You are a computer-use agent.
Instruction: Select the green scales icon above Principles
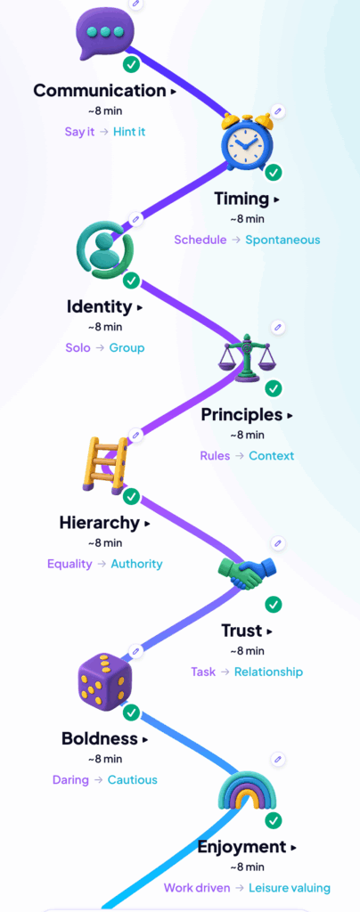click(247, 356)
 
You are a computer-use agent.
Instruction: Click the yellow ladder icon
click(105, 464)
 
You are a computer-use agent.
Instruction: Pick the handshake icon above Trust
click(247, 572)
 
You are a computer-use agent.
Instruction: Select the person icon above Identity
click(105, 249)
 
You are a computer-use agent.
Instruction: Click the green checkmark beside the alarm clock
click(274, 173)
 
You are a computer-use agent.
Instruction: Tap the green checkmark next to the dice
click(132, 712)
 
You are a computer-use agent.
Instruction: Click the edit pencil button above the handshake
click(278, 543)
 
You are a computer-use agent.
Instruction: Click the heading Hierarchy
click(100, 523)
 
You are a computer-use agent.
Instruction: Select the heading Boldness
click(100, 738)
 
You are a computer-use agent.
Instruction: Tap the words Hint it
click(129, 132)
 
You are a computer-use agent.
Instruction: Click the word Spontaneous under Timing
click(282, 240)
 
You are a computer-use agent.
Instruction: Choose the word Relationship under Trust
click(269, 672)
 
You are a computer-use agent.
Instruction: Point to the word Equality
click(70, 564)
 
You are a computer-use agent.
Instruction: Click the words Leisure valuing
click(290, 888)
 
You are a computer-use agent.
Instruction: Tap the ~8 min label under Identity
click(105, 327)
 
